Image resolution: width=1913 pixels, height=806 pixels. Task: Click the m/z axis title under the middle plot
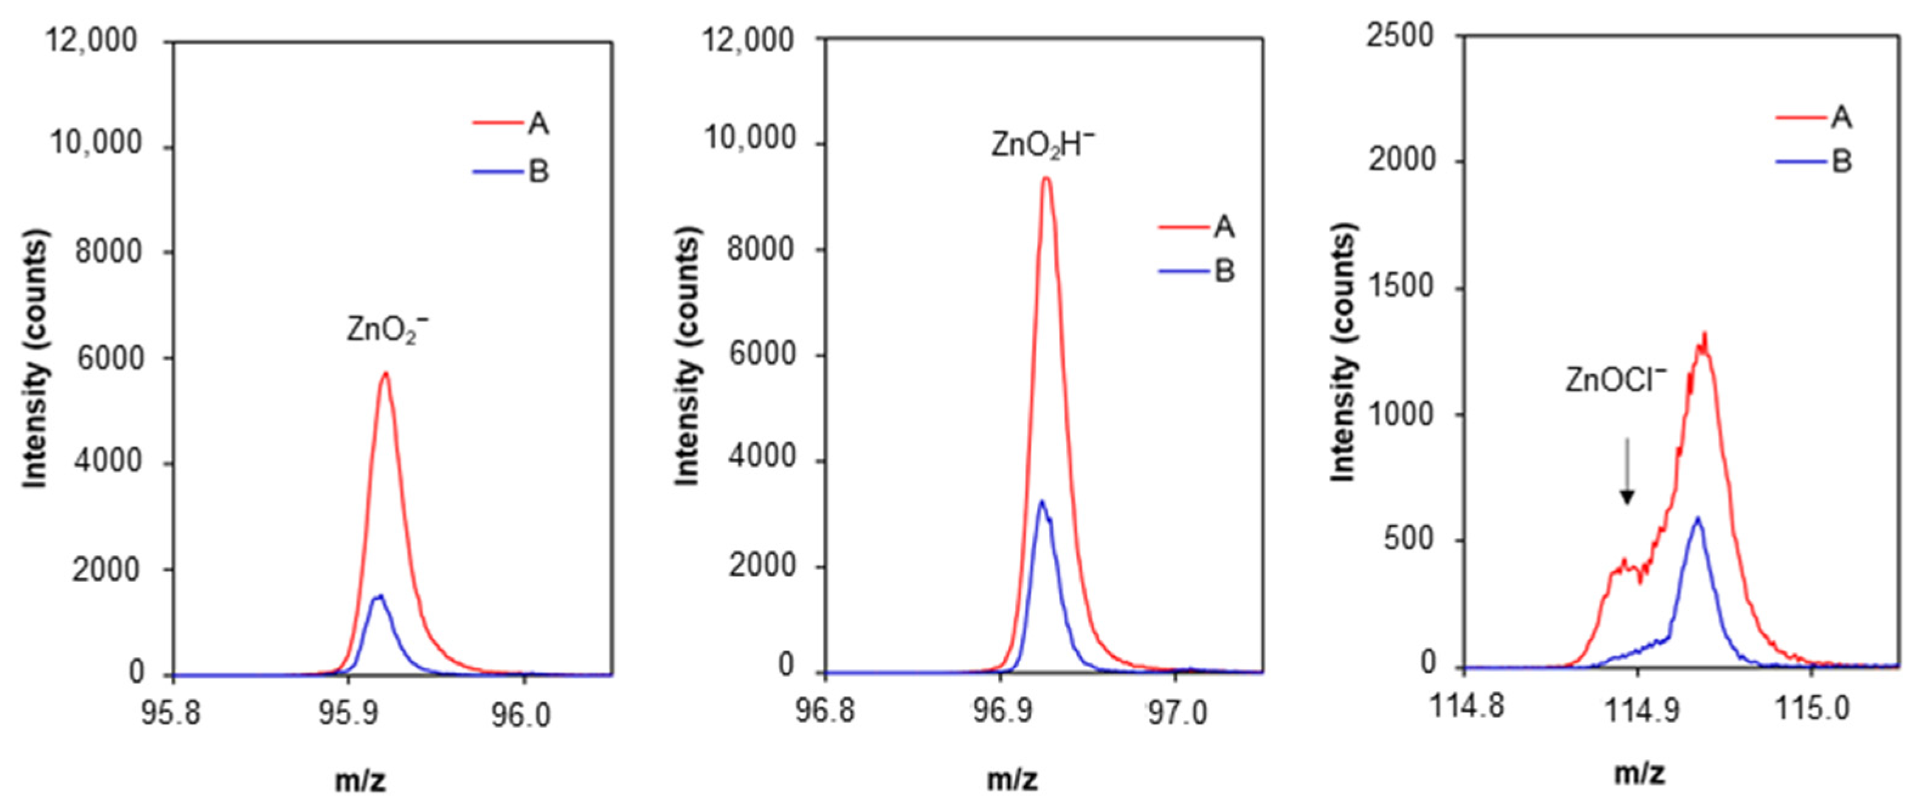[x=1013, y=779]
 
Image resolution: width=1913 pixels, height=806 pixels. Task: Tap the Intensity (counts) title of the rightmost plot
[x=1343, y=352]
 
